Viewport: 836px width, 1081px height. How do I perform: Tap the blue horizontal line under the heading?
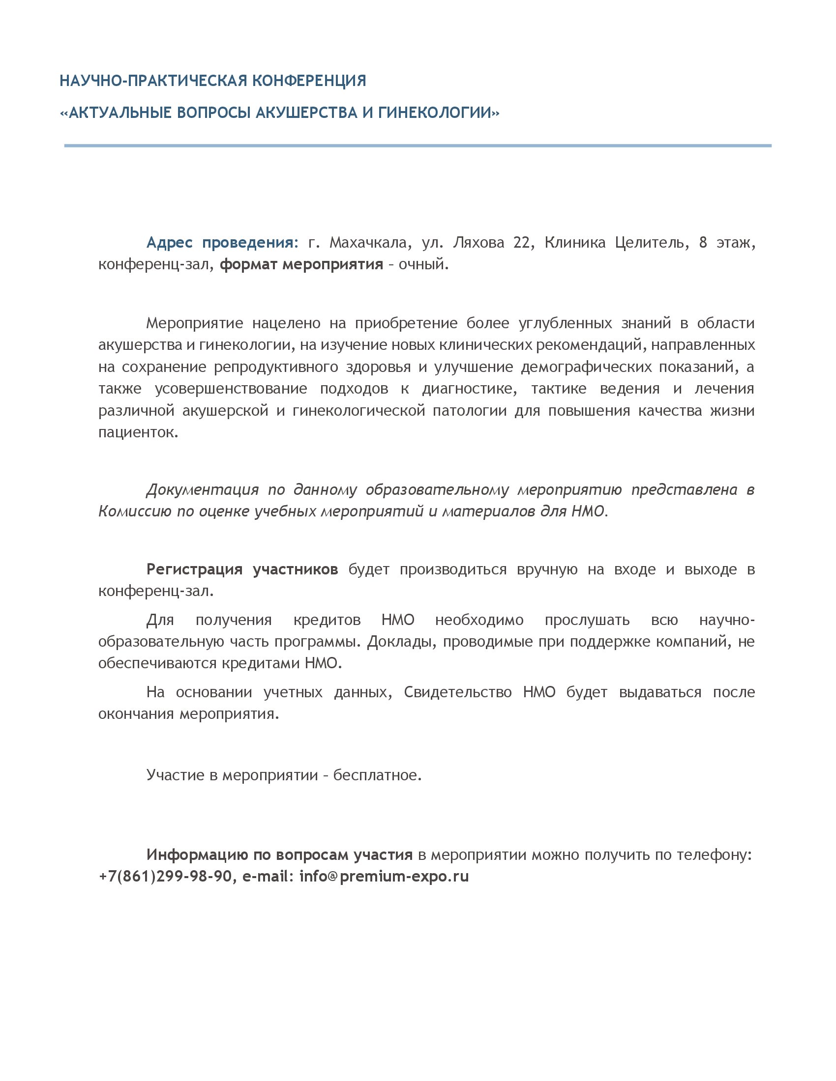pos(418,145)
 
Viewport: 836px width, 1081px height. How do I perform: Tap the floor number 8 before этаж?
pos(703,243)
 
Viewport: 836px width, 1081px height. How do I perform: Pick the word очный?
pos(423,264)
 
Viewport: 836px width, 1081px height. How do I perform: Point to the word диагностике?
pos(469,389)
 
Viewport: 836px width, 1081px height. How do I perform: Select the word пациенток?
pos(138,432)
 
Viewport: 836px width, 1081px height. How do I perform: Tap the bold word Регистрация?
pos(194,569)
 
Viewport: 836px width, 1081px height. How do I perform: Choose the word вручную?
pos(547,569)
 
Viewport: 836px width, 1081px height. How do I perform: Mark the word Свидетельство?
pos(458,692)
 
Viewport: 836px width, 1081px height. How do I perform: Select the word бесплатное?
pos(377,774)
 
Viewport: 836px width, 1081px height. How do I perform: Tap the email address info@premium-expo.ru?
pos(384,876)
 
